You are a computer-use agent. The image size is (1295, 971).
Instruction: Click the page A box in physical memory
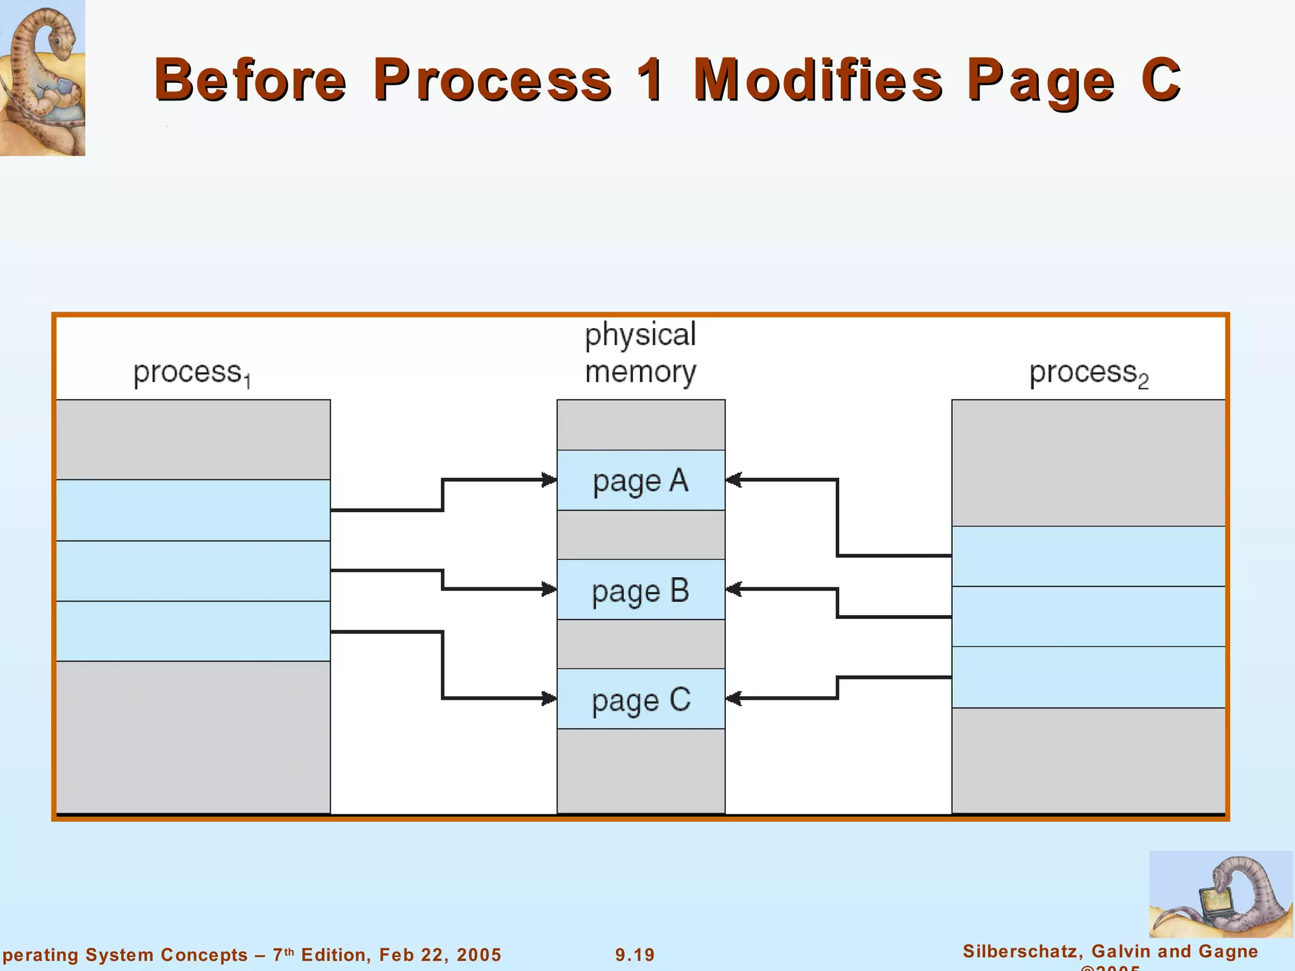(x=641, y=480)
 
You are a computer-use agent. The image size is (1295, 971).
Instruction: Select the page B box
(x=641, y=590)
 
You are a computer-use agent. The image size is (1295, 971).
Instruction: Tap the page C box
(x=641, y=699)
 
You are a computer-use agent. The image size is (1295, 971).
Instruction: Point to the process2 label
(x=1088, y=374)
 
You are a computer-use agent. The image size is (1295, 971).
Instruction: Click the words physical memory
(x=640, y=353)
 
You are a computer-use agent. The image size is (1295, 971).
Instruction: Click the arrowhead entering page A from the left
(x=549, y=480)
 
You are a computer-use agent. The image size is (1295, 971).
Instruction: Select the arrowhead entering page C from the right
(x=734, y=699)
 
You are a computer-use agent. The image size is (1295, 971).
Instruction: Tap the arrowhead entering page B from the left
(x=549, y=590)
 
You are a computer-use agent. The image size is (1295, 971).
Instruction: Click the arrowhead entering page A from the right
(x=734, y=480)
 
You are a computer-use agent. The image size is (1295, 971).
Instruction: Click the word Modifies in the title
(x=818, y=80)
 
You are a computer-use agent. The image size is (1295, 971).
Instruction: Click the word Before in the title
(x=250, y=80)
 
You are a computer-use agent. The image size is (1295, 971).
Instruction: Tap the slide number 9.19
(x=635, y=955)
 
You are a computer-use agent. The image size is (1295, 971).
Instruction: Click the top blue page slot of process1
(x=193, y=510)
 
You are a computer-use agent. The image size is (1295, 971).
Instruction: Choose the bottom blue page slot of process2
(x=1088, y=677)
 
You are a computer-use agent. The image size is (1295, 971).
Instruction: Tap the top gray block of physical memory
(x=641, y=425)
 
